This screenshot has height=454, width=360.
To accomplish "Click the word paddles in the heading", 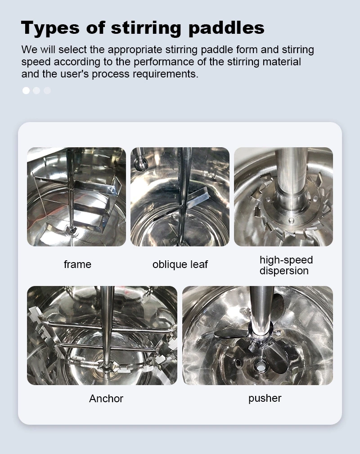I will (x=226, y=28).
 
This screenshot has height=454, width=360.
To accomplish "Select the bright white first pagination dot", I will (x=26, y=91).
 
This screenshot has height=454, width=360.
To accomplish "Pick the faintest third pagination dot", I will (x=47, y=91).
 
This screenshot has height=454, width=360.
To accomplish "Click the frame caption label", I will (x=77, y=264).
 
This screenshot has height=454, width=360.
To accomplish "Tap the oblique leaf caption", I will (x=180, y=264).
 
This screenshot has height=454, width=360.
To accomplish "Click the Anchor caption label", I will (x=106, y=399).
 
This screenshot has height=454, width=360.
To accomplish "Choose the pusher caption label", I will (x=265, y=398).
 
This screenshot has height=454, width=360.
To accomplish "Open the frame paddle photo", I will (x=76, y=197).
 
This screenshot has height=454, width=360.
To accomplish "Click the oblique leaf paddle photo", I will (x=180, y=197).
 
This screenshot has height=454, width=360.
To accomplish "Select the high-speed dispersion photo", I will (x=283, y=197).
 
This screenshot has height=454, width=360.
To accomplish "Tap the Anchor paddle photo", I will (x=102, y=336).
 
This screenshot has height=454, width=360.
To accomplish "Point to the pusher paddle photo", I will (x=258, y=336).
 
